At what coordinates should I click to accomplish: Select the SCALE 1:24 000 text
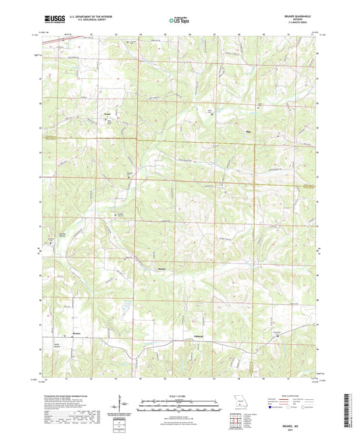[x=180, y=395]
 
